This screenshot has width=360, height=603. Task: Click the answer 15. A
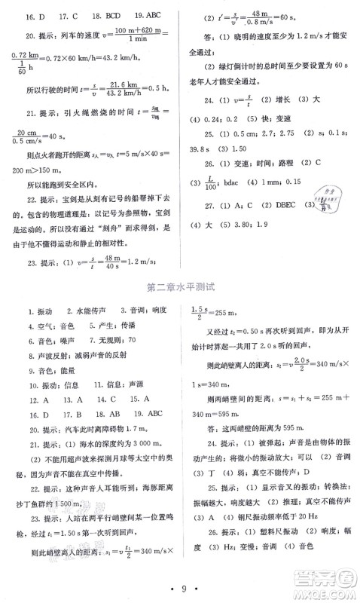134,399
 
